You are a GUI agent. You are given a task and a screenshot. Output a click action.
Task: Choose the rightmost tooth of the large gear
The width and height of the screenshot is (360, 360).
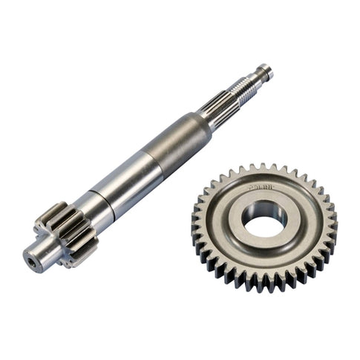333,223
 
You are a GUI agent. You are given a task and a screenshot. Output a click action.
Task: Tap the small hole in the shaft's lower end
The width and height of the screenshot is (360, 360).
30,260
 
